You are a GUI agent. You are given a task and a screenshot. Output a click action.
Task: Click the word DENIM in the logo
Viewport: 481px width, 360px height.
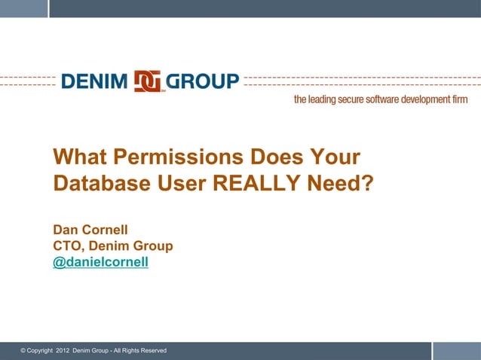tap(95, 81)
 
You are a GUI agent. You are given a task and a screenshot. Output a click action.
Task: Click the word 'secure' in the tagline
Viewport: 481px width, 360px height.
tap(348, 100)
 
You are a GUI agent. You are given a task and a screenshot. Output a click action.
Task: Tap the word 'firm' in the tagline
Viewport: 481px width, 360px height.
tap(460, 100)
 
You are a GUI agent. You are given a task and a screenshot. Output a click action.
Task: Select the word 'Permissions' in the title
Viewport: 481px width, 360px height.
tap(180, 157)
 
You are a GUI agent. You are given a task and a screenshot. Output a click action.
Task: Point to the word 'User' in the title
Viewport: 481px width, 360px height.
tap(179, 184)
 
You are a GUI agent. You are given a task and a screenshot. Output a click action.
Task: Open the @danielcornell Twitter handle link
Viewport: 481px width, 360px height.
tap(100, 262)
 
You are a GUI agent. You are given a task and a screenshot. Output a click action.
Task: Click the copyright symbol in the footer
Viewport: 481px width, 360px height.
tap(23, 352)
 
